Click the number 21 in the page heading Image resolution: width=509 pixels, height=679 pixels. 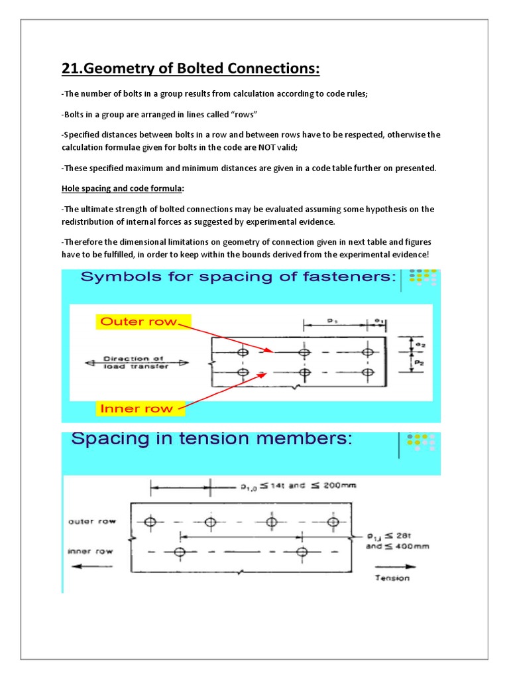(x=70, y=69)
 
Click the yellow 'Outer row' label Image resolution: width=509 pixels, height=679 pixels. (x=139, y=322)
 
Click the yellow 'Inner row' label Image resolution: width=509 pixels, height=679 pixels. (x=136, y=408)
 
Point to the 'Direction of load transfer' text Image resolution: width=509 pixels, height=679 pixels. (x=137, y=363)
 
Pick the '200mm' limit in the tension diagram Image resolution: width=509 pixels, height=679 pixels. (x=336, y=485)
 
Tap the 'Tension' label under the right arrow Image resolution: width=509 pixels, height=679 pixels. (x=392, y=578)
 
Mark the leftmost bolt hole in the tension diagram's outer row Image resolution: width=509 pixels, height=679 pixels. (x=150, y=523)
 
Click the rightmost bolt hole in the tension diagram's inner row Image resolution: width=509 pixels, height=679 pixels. (x=302, y=552)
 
